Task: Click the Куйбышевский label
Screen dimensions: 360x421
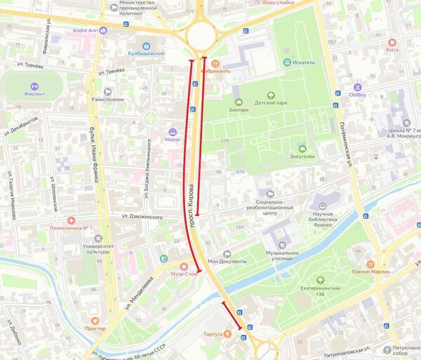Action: [146, 53]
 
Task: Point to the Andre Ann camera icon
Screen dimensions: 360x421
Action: [103, 30]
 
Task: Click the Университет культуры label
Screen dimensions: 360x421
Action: [102, 250]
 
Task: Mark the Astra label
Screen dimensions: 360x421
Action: [392, 50]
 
